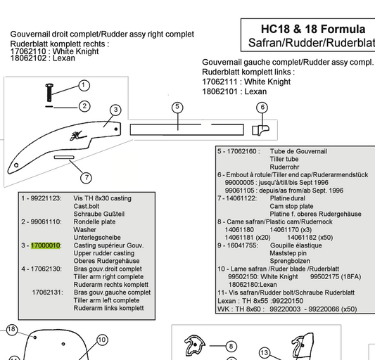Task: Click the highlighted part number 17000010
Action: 45,245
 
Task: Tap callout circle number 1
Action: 84,85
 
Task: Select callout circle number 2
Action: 84,106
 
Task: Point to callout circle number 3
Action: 116,110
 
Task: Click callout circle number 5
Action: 177,107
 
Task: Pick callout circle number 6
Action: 262,108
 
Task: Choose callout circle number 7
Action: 86,178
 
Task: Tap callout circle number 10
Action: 102,340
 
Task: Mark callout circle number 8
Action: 231,347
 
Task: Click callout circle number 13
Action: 265,353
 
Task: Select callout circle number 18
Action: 11,330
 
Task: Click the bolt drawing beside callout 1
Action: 49,92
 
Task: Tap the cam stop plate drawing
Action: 64,157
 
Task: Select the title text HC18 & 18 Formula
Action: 313,29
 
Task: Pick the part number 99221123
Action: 45,198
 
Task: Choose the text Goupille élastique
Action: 295,245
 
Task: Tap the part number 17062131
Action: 47,292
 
